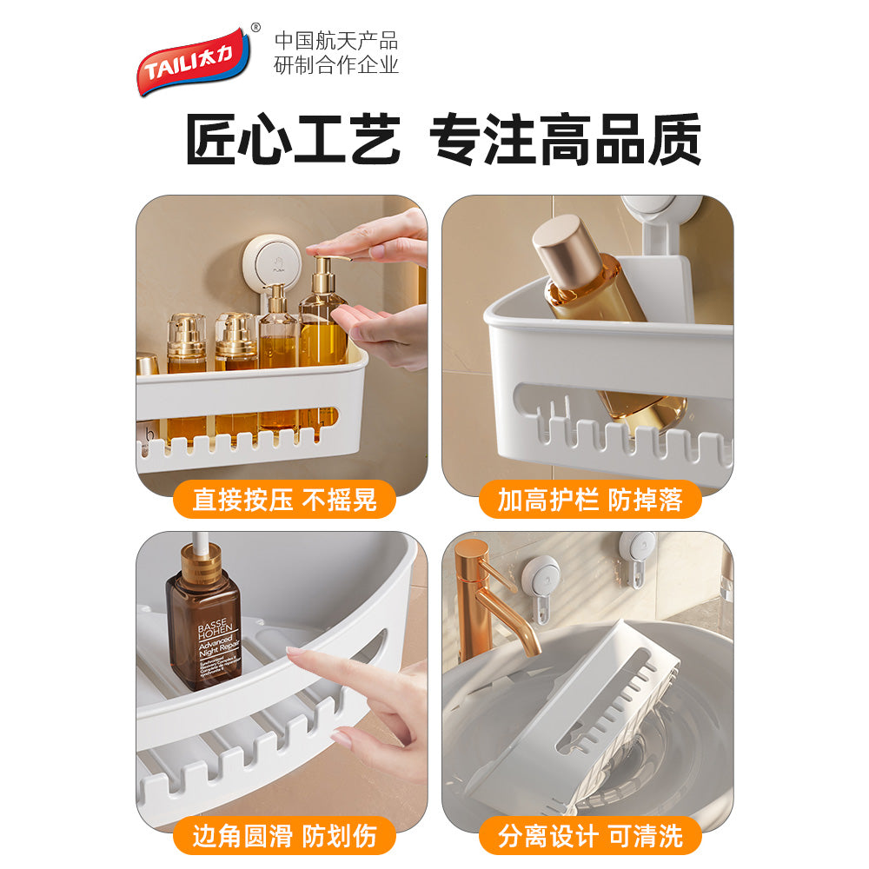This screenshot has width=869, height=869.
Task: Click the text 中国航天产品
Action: tap(335, 40)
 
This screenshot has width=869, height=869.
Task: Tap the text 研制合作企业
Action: tap(335, 65)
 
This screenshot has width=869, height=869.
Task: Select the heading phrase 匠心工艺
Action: tap(293, 139)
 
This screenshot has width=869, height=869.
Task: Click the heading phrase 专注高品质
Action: tap(566, 139)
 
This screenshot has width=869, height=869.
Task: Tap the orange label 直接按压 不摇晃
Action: tap(283, 500)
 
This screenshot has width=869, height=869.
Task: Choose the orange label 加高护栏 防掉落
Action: tap(589, 500)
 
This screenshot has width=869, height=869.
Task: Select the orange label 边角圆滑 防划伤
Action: tap(283, 836)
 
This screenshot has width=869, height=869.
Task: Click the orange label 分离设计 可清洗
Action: tap(589, 836)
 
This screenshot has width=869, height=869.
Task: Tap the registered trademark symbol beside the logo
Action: tap(255, 28)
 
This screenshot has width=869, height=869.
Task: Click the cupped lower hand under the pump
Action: tap(382, 330)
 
